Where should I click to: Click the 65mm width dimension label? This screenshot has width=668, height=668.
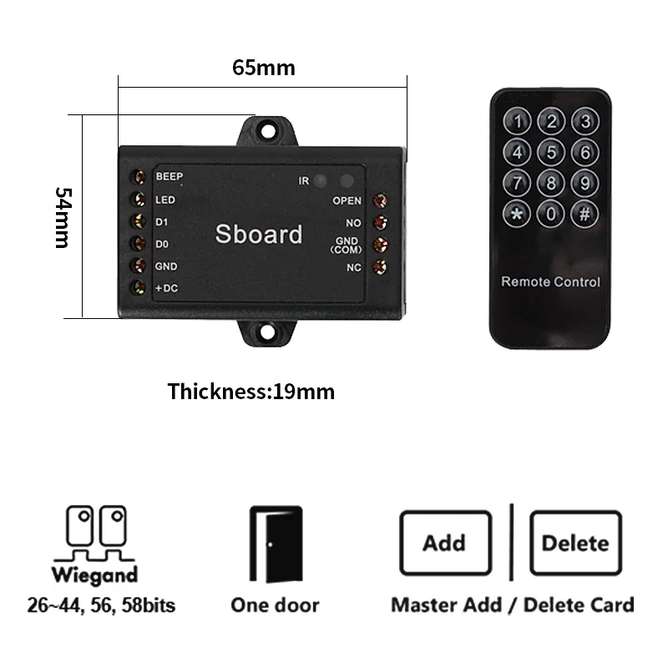click(x=263, y=68)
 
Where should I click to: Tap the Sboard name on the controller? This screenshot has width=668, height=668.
click(x=259, y=235)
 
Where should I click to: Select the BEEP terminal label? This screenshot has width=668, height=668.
click(x=169, y=176)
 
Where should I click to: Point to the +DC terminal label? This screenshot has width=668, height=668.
click(x=167, y=288)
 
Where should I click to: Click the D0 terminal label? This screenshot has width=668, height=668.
click(x=162, y=244)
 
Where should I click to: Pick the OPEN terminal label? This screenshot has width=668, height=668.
click(x=347, y=200)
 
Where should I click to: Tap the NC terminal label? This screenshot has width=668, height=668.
click(x=353, y=267)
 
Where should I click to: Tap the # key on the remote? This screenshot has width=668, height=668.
click(x=584, y=214)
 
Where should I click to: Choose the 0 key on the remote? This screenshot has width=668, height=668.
click(x=551, y=214)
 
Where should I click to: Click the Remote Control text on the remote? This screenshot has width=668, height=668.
click(x=550, y=281)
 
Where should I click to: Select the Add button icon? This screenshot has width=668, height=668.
click(x=443, y=544)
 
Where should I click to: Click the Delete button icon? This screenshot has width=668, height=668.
click(x=575, y=544)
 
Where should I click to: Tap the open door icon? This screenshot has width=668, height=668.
click(x=276, y=544)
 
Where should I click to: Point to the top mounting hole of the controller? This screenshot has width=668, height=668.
click(x=268, y=131)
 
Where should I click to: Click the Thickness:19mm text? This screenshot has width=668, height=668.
click(x=250, y=391)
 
